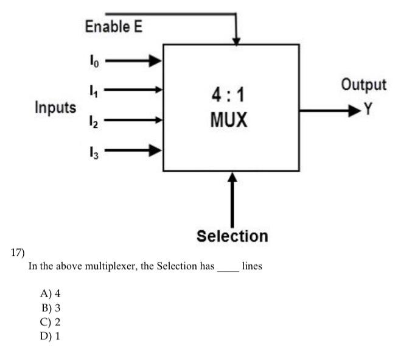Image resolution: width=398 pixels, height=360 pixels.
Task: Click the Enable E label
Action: pyautogui.click(x=114, y=27)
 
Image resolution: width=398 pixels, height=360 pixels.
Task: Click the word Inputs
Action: pyautogui.click(x=55, y=108)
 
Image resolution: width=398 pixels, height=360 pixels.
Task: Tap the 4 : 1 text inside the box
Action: pyautogui.click(x=230, y=96)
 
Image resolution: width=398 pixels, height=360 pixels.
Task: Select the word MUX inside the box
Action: pyautogui.click(x=230, y=119)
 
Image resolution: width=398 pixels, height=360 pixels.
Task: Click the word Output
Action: pyautogui.click(x=363, y=84)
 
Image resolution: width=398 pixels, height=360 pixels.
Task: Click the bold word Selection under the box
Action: pyautogui.click(x=232, y=236)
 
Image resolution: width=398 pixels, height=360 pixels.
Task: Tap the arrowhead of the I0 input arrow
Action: pyautogui.click(x=156, y=60)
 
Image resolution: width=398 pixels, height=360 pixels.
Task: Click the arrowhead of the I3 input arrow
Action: pyautogui.click(x=156, y=150)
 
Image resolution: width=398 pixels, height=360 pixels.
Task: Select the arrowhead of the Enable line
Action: pyautogui.click(x=236, y=40)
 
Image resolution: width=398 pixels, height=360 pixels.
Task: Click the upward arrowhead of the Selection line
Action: pyautogui.click(x=232, y=177)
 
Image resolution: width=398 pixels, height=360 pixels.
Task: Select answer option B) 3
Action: pyautogui.click(x=51, y=308)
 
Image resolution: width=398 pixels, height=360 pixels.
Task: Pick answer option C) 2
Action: pyautogui.click(x=51, y=322)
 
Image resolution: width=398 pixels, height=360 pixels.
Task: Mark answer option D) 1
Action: pyautogui.click(x=51, y=336)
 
